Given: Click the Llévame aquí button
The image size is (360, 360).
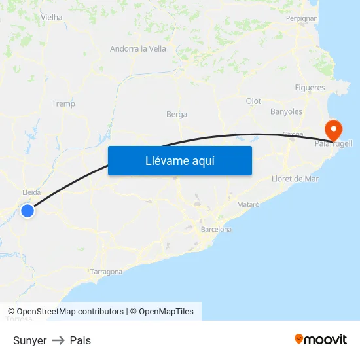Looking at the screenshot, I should [x=179, y=160].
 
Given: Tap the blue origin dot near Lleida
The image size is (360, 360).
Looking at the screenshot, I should [x=27, y=210].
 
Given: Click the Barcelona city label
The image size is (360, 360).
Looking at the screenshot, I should [x=216, y=230].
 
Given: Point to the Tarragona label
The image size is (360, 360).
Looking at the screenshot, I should [x=106, y=271].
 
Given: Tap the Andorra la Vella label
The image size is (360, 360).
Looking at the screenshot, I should [x=138, y=48].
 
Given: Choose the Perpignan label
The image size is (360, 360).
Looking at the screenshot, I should [x=301, y=18].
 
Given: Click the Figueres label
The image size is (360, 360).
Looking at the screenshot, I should [x=310, y=88].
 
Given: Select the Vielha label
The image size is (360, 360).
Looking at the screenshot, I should [x=51, y=17].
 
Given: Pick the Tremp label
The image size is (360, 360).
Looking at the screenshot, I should [x=63, y=103].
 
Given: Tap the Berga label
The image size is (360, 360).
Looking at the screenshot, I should [x=177, y=114].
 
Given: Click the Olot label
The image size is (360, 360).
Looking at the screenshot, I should [x=253, y=101].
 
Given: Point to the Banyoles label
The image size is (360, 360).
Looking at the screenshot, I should [x=287, y=111].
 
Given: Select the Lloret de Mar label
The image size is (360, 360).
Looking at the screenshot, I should [x=295, y=179].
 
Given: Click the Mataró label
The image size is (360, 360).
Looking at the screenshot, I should [x=248, y=204].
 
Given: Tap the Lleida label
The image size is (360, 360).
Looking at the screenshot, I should [x=31, y=192].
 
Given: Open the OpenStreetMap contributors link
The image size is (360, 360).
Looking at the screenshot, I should [x=70, y=312].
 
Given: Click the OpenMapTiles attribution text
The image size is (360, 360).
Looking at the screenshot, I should [x=166, y=312].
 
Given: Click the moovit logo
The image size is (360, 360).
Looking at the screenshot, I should [x=320, y=339].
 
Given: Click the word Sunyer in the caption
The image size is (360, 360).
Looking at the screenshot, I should [x=29, y=340].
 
